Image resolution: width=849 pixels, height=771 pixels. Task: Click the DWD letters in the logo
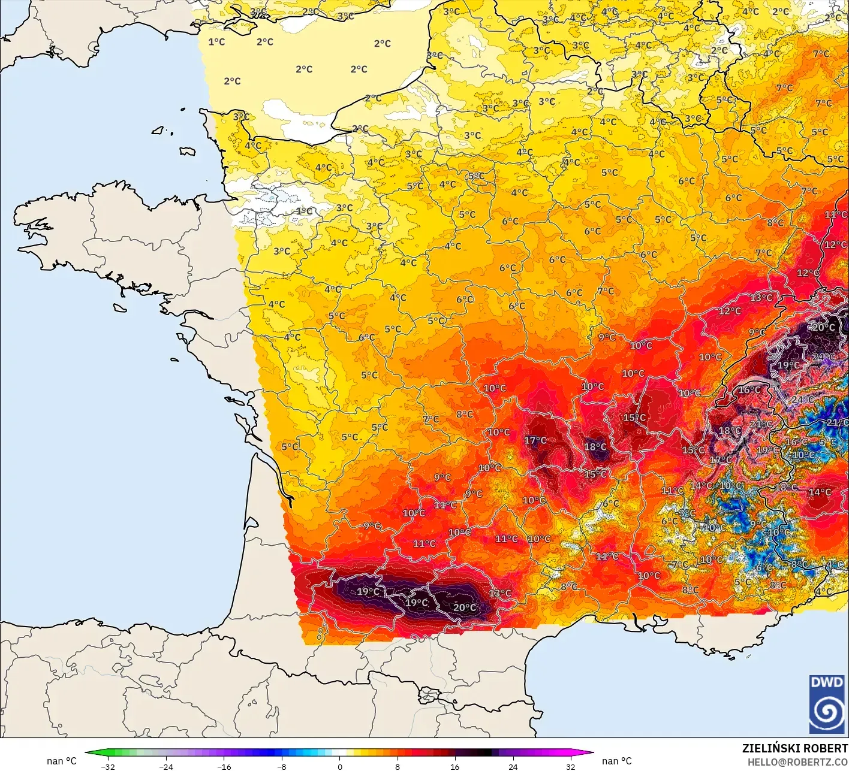pos(827,682)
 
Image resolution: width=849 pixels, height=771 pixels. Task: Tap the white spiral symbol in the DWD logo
pos(827,712)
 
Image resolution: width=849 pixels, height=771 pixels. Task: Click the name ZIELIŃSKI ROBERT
pos(794,748)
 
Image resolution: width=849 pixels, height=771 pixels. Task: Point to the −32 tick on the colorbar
pos(108,766)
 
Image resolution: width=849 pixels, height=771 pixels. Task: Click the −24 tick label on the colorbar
pos(165,766)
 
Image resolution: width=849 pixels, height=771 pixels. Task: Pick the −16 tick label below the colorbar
pos(224,766)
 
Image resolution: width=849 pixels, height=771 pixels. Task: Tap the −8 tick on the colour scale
pos(282,766)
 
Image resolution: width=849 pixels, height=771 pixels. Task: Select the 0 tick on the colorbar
pos(339,766)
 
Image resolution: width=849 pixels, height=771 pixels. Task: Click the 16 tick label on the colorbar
pos(455,766)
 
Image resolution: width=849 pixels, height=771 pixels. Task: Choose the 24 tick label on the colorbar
pos(513,766)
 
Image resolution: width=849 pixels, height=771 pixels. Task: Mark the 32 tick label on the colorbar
pos(571,766)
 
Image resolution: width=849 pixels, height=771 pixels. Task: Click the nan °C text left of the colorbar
pos(62,761)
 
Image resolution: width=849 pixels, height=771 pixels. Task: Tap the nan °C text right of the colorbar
pos(617,761)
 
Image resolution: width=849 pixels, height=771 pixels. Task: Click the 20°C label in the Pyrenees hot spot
pos(465,607)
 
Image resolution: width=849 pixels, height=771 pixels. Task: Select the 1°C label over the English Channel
pos(216,42)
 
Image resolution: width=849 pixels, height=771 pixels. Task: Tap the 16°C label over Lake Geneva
pos(749,390)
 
